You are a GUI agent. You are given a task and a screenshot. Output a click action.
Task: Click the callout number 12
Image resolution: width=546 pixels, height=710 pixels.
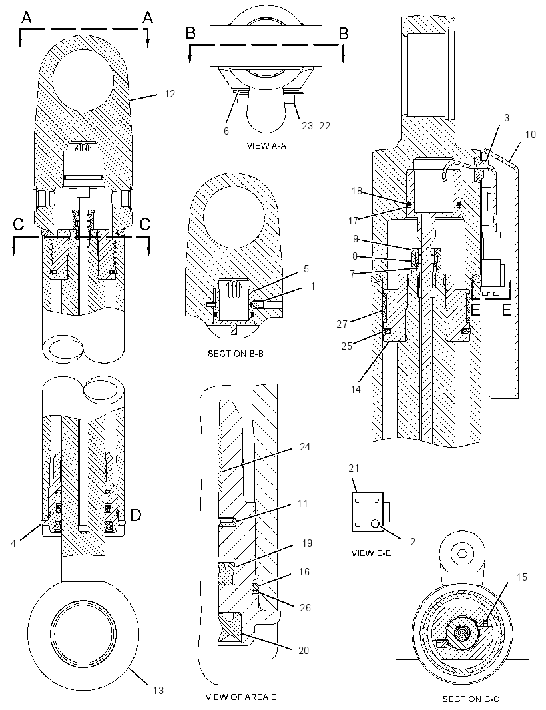170,94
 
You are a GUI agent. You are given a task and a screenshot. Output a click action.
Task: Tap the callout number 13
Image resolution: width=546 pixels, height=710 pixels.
158,690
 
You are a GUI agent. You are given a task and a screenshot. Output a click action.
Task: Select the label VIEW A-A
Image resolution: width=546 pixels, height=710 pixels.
266,145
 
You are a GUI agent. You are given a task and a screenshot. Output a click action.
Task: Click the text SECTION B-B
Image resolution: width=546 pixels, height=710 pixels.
236,353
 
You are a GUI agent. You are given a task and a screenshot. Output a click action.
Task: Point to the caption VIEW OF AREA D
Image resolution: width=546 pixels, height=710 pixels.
241,697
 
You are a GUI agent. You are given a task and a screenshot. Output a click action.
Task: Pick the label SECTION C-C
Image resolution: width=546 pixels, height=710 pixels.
471,699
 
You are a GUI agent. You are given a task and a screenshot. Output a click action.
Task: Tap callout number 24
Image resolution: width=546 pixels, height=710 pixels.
305,447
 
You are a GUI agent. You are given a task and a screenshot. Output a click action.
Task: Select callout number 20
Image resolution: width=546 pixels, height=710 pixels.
304,650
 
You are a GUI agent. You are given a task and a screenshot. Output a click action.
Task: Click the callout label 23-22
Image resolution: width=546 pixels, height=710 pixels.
316,126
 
